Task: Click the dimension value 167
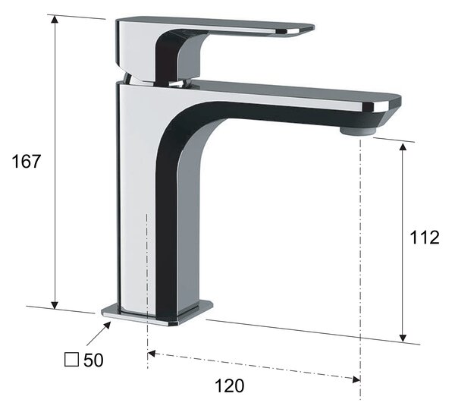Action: coord(26,161)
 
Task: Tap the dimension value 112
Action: coord(424,238)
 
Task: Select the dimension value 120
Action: coord(229,386)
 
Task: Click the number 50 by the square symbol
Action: coord(93,360)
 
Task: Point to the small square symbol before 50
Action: coord(71,360)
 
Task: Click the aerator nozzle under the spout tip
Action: coord(358,131)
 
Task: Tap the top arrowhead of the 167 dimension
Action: coord(55,19)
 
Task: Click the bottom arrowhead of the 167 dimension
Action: coord(55,305)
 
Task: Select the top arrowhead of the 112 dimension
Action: coord(403,146)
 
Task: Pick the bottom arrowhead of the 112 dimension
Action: coord(403,338)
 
